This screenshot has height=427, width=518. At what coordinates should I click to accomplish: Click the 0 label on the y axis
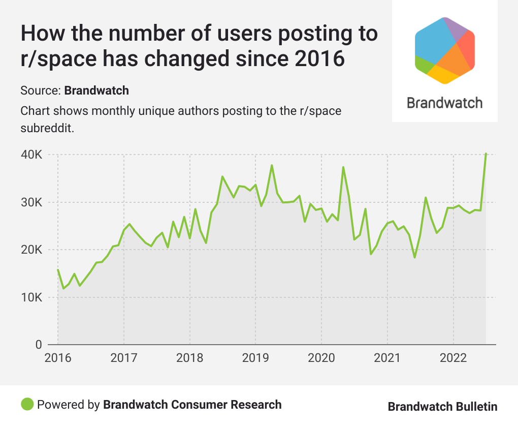38,345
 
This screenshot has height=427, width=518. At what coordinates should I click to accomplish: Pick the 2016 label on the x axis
58,358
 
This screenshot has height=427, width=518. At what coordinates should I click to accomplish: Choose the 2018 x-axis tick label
189,358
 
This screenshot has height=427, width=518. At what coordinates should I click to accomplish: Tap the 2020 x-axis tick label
321,358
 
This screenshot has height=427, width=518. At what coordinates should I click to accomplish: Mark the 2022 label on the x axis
453,358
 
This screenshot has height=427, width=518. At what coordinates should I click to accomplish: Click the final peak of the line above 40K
486,154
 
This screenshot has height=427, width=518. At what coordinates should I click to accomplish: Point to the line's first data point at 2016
58,270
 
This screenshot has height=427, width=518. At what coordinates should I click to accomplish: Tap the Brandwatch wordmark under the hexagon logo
445,103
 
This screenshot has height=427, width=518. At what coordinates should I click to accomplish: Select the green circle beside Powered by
27,405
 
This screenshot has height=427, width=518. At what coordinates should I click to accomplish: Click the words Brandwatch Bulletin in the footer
442,407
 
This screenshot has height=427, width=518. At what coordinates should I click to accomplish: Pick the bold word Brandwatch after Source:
96,91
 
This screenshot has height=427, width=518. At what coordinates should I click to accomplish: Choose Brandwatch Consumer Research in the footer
192,405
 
